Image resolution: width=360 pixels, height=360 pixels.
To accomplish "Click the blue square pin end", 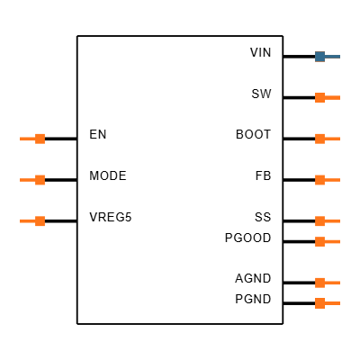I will coord(319,57).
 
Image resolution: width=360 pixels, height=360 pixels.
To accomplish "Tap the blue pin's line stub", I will coord(332,57).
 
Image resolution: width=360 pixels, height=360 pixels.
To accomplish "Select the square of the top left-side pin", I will coord(40,139).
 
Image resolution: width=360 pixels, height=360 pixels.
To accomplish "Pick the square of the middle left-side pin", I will coord(40,180).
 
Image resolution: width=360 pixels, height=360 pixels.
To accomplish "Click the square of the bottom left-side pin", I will coord(40,221).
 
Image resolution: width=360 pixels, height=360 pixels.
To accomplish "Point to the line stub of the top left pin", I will coord(27,139).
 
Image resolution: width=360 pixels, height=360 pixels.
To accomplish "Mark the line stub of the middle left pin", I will coord(27,180).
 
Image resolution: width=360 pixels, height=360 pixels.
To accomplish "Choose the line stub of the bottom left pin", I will coord(27,221).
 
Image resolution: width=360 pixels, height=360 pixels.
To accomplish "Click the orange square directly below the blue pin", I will coord(319,97).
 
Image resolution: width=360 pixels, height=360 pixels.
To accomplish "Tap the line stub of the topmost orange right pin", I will coord(332,97).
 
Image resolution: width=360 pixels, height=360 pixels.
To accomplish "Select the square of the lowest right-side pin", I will coord(319,303).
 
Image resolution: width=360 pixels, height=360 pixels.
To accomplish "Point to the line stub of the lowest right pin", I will coord(332,303).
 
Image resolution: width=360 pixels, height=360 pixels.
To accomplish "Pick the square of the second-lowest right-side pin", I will coord(319,283).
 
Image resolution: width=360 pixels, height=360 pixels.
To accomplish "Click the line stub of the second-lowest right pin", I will coord(332,283).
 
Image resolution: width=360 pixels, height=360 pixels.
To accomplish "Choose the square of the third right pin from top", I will coord(319,139).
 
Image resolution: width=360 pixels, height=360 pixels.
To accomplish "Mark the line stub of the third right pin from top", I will coord(332,139).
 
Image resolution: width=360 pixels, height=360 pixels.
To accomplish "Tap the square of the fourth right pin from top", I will coord(319,180).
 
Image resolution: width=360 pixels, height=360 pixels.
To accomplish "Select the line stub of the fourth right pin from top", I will coord(332,180).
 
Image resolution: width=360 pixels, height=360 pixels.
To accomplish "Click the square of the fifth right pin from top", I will coord(319,220).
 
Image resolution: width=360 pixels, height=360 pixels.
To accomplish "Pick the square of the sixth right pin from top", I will coord(319,241).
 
